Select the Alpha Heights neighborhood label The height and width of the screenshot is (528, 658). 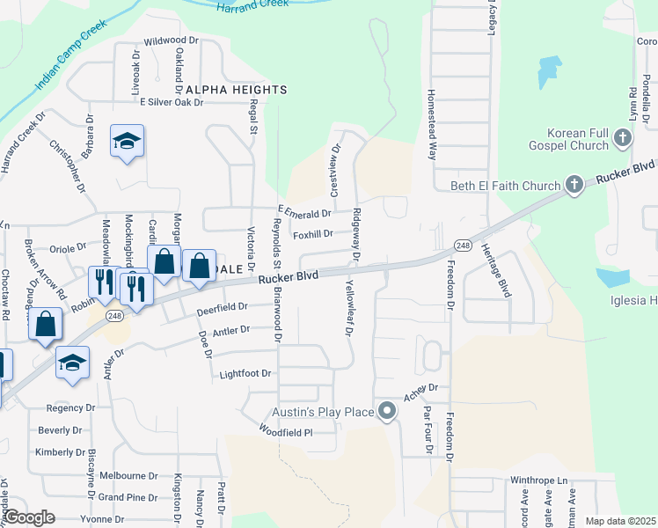[236, 91]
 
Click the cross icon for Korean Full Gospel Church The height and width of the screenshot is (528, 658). [623, 137]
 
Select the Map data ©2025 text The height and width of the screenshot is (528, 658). [621, 521]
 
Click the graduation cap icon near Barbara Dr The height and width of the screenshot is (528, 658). [127, 141]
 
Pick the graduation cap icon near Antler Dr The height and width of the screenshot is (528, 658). [72, 363]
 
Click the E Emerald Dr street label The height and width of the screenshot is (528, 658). [304, 212]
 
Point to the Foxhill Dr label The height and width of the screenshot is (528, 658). [313, 234]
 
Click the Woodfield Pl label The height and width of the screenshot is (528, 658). [286, 431]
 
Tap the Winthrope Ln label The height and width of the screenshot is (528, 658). [540, 480]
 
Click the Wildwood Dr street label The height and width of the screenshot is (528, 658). [172, 40]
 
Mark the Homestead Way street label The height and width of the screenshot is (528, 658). [432, 123]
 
